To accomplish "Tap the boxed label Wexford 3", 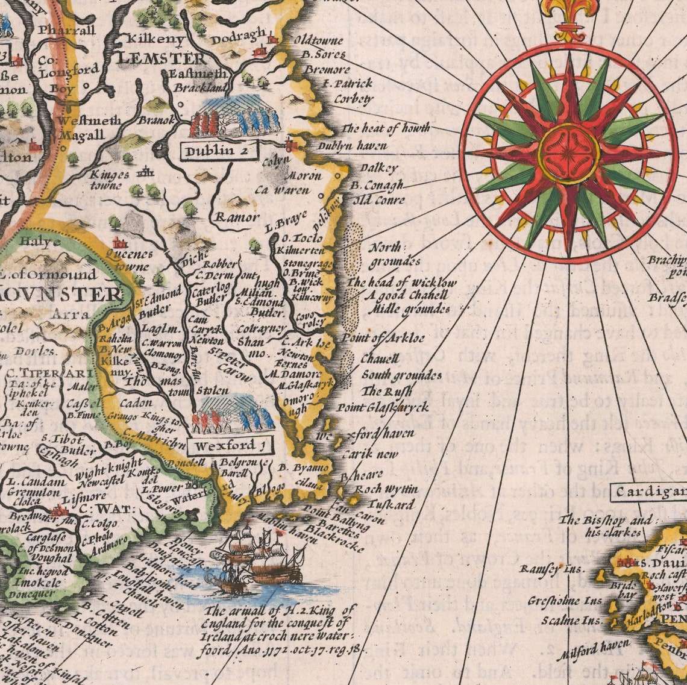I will (x=229, y=446).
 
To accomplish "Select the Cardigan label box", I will (x=650, y=492).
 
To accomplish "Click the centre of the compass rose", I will (x=568, y=153).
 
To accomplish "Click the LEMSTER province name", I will (x=162, y=59).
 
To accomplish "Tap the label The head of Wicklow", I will (x=403, y=283).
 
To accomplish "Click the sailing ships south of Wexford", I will (x=256, y=557).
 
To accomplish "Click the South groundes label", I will (x=401, y=375).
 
